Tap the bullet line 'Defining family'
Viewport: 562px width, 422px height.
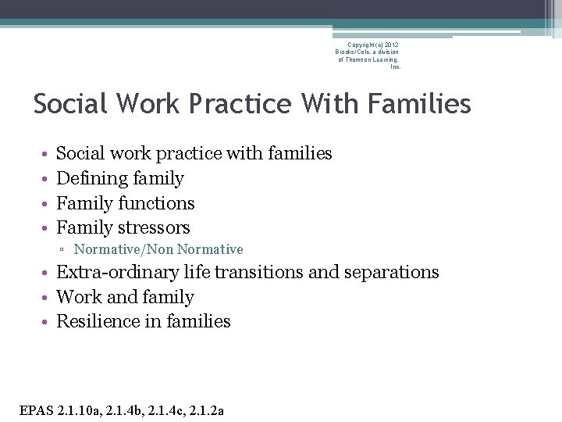click(x=120, y=179)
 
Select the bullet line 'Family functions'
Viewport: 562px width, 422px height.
click(x=126, y=203)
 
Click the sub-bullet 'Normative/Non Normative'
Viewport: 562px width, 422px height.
click(x=158, y=250)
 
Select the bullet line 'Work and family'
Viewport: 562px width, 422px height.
click(x=125, y=298)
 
